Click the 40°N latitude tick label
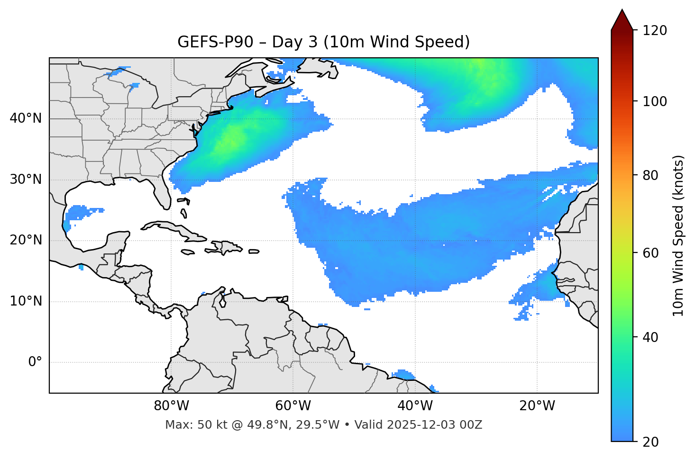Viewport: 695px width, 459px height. (x=26, y=118)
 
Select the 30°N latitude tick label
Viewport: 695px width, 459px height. (x=26, y=180)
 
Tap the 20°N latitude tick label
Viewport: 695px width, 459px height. (x=26, y=240)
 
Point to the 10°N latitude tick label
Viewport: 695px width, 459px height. (x=26, y=301)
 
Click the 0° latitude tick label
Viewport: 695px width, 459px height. (x=35, y=362)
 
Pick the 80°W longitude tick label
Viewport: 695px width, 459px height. (x=171, y=406)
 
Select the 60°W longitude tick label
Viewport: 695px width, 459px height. (x=293, y=406)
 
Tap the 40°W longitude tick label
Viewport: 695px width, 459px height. (x=415, y=406)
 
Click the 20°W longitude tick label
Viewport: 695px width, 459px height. (x=537, y=406)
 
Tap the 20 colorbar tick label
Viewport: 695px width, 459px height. (x=650, y=441)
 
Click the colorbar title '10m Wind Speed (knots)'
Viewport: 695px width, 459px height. (x=679, y=235)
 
